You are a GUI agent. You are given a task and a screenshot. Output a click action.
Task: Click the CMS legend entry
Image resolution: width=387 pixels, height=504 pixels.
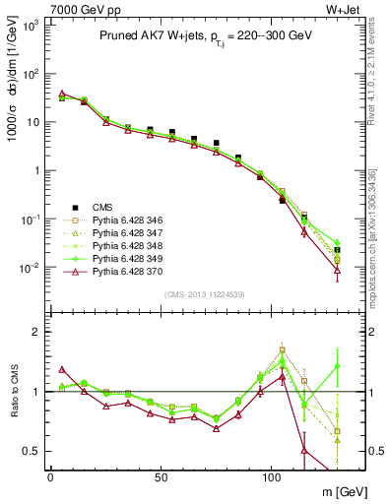coord(102,207)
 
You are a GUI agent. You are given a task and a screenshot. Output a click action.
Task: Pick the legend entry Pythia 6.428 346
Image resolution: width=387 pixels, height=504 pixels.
coord(129,220)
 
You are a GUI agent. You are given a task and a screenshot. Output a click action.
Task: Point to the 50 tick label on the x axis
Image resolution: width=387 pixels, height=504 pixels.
coord(161,475)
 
